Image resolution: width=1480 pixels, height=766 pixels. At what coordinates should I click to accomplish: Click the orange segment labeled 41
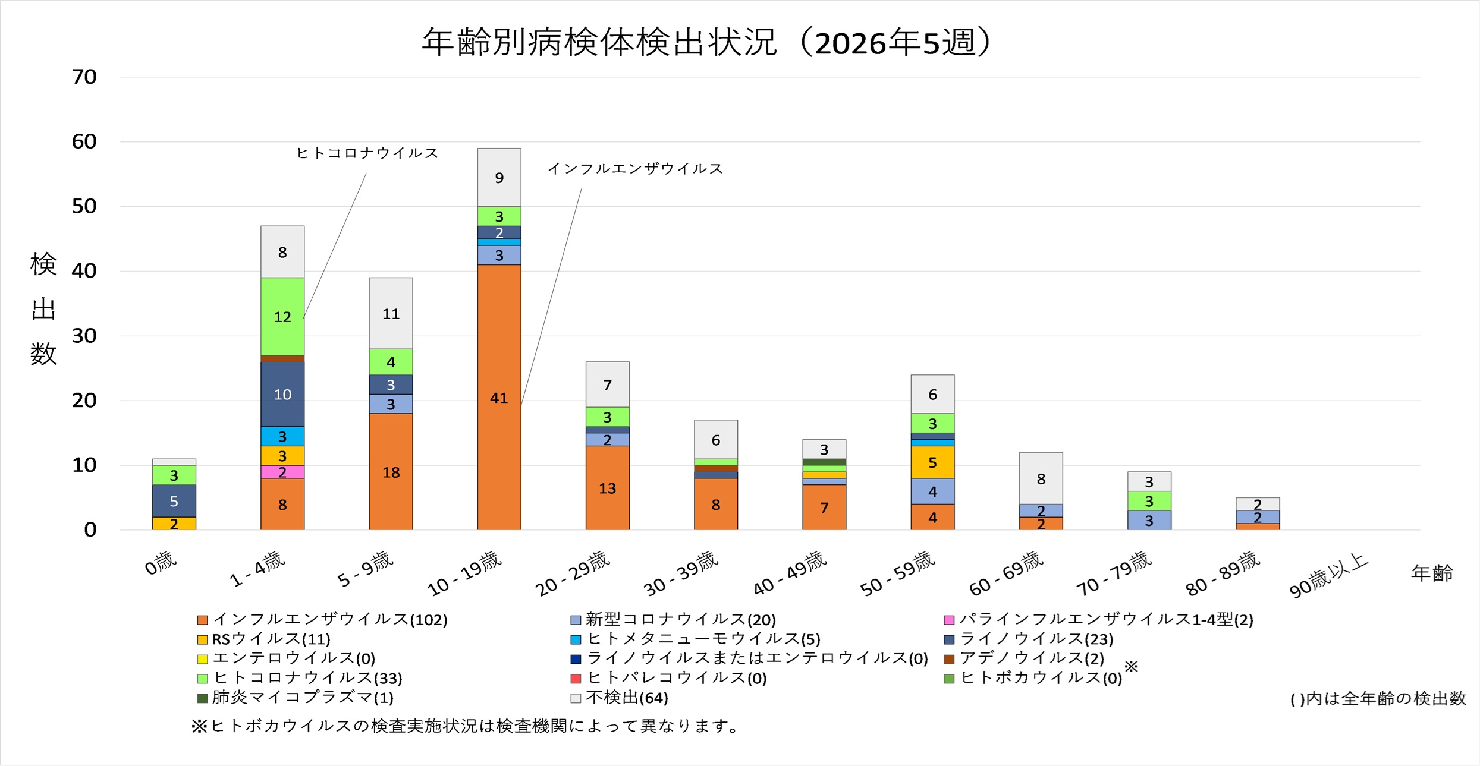click(499, 397)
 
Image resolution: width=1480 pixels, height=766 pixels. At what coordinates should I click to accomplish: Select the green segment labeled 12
click(282, 316)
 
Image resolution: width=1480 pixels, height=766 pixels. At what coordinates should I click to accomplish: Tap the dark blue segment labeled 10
click(282, 394)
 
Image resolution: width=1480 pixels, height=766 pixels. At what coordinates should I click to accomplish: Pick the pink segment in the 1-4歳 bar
click(282, 472)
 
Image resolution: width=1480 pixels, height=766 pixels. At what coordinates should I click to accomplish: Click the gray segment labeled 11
click(391, 313)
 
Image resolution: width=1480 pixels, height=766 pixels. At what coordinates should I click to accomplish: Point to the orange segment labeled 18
click(391, 472)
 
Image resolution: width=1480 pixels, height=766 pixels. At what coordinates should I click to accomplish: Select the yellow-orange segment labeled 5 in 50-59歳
click(932, 462)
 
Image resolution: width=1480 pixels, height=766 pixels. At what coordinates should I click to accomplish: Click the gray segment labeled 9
click(499, 177)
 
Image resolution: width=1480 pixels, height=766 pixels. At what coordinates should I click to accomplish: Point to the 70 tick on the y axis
click(84, 77)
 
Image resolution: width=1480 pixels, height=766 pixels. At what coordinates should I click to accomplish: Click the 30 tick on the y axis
click(84, 336)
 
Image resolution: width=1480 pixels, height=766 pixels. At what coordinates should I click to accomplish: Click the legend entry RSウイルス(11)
click(264, 639)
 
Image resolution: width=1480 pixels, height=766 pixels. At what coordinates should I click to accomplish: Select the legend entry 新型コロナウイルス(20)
click(673, 619)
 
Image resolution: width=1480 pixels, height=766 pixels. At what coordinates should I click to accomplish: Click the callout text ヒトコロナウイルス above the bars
click(367, 153)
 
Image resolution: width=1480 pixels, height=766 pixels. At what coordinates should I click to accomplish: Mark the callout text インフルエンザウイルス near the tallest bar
click(634, 169)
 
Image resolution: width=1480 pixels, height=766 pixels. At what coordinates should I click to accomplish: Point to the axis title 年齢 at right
click(1432, 573)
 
